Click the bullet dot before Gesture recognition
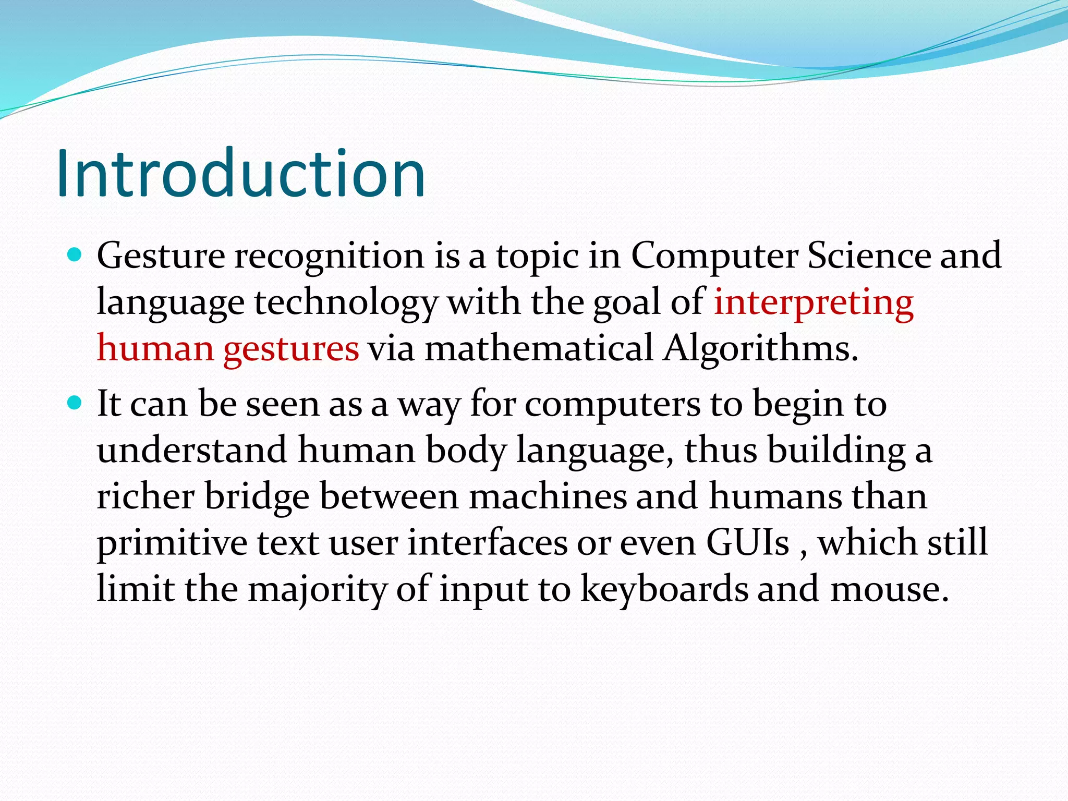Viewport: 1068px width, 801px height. coord(76,256)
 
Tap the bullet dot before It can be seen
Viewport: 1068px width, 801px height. coord(76,403)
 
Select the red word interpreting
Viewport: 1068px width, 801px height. coord(814,302)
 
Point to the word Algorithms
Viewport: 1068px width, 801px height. coord(760,348)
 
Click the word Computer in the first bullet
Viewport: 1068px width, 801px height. coord(714,257)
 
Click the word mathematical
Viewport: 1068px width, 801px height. coord(539,348)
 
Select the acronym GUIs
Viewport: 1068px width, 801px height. coord(748,542)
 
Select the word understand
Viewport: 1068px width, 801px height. coord(192,450)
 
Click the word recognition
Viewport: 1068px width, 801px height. coord(329,257)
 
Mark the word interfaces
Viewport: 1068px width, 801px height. coord(487,542)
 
